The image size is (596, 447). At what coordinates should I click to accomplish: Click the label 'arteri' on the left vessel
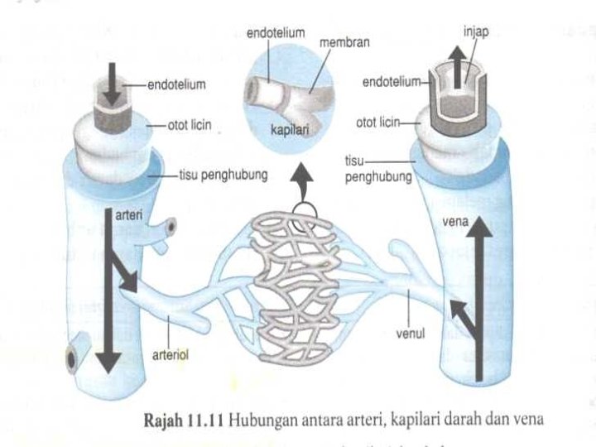click(130, 215)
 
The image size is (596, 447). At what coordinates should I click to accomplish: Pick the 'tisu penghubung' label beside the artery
click(219, 175)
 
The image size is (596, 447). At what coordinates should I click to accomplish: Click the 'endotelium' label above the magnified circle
click(276, 32)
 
